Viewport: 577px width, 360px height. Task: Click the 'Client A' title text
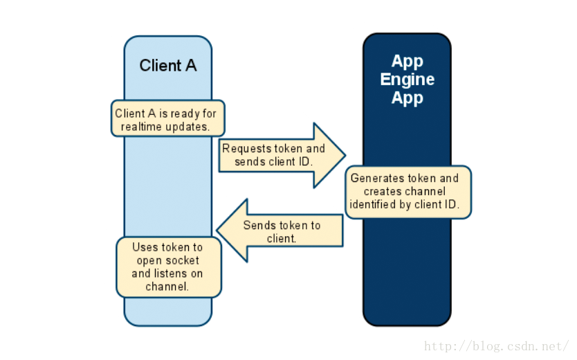click(168, 66)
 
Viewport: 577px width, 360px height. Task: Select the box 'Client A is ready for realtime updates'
click(168, 118)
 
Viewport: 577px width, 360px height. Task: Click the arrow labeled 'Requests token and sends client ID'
click(282, 155)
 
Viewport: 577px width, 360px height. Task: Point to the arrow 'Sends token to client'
click(280, 231)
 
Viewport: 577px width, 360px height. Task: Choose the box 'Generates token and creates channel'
click(408, 192)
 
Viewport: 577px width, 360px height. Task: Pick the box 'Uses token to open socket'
click(169, 267)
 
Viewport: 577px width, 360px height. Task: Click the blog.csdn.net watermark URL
click(496, 346)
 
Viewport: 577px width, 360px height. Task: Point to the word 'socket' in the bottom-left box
click(183, 260)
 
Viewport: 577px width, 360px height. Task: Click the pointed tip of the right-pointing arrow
click(345, 155)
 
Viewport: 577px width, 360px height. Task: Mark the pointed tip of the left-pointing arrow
click(217, 231)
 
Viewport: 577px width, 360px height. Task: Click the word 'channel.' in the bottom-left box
click(167, 287)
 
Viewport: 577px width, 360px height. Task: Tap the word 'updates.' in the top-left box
click(187, 127)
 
